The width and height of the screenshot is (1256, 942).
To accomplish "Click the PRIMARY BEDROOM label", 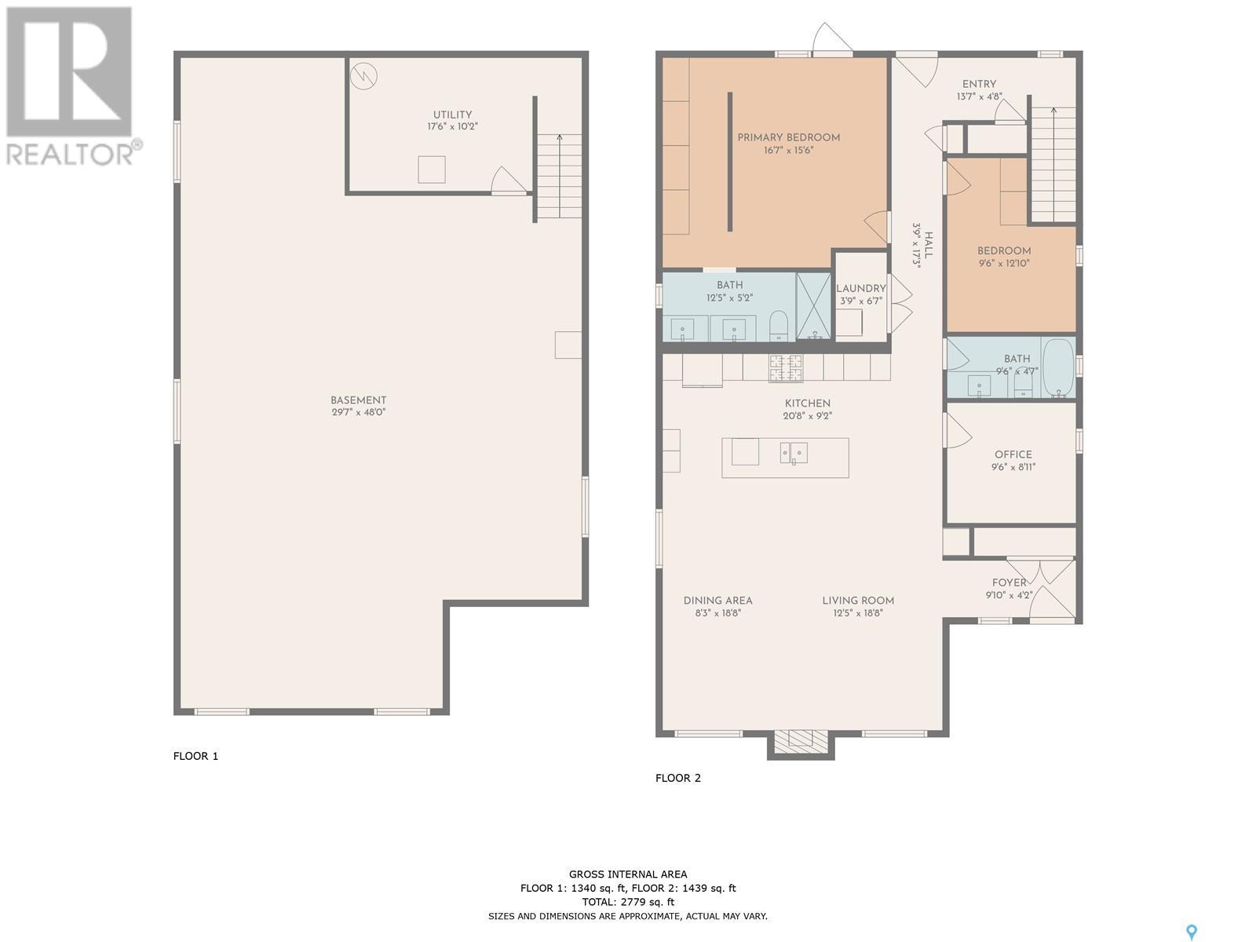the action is [x=788, y=137].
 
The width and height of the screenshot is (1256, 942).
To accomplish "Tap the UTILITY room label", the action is [x=452, y=115].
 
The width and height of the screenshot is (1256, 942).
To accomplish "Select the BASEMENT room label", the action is [x=358, y=400].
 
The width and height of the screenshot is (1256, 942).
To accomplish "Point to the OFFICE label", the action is [x=1013, y=455].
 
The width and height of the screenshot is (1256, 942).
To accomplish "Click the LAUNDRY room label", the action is [x=860, y=289].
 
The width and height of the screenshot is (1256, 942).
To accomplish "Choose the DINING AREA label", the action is [x=717, y=601].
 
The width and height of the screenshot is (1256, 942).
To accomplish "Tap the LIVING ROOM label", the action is [x=858, y=601].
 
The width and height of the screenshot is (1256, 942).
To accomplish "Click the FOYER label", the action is [x=1009, y=582].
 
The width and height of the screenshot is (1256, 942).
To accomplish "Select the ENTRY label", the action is [x=979, y=84].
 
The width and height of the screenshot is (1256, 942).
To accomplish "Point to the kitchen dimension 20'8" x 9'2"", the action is [x=808, y=416].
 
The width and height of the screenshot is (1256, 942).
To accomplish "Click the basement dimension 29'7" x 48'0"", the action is [x=358, y=412].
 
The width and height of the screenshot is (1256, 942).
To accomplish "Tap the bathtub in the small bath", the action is [x=1059, y=367].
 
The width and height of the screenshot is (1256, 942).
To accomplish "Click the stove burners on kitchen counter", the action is [x=786, y=367].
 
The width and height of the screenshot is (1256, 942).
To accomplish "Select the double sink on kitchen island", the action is [x=794, y=453].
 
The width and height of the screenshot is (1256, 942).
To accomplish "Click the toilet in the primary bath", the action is [x=778, y=327].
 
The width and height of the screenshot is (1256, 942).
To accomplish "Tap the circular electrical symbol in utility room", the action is [x=364, y=75].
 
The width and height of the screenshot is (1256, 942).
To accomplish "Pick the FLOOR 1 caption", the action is [x=195, y=755].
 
